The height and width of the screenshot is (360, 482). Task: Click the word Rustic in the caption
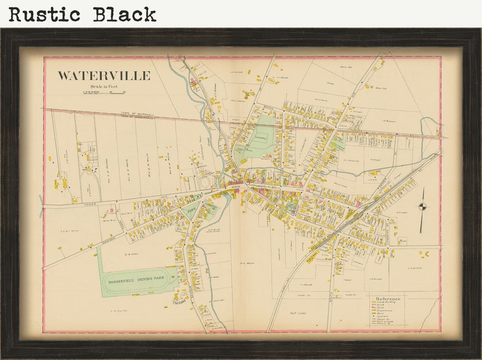[46, 14]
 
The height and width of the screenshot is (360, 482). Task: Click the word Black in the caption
[124, 14]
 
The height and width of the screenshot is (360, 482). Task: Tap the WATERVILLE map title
[104, 76]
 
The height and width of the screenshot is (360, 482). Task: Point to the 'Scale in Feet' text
[104, 87]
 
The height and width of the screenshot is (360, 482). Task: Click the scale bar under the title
[104, 92]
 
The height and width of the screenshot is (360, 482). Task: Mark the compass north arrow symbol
[423, 209]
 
